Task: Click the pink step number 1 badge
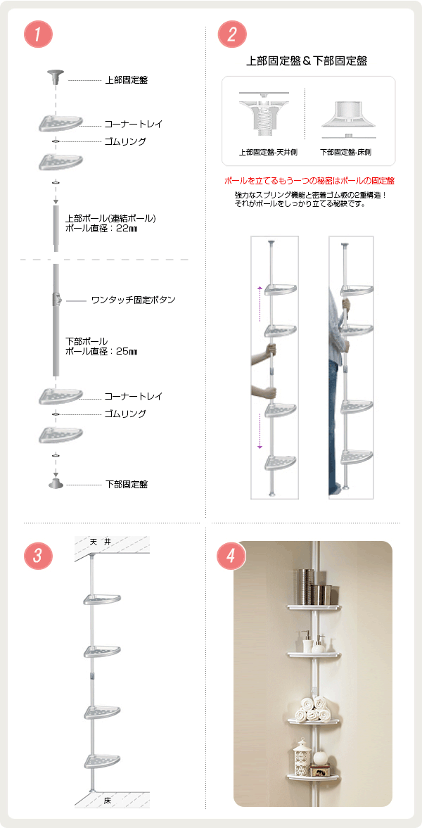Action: (x=38, y=34)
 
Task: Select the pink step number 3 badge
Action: (x=38, y=556)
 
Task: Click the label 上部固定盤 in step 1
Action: (x=126, y=80)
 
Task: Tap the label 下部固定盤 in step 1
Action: (x=126, y=484)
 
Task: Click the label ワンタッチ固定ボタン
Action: (x=133, y=300)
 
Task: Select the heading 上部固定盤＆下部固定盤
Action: (x=307, y=60)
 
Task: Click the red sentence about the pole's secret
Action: (x=309, y=181)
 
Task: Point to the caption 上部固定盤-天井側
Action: (x=268, y=152)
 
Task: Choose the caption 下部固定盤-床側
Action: (x=345, y=152)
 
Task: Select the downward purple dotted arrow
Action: (x=260, y=431)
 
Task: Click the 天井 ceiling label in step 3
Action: (x=100, y=542)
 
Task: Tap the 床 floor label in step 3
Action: (x=107, y=801)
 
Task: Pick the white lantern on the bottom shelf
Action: (x=302, y=757)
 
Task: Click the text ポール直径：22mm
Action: (x=101, y=228)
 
